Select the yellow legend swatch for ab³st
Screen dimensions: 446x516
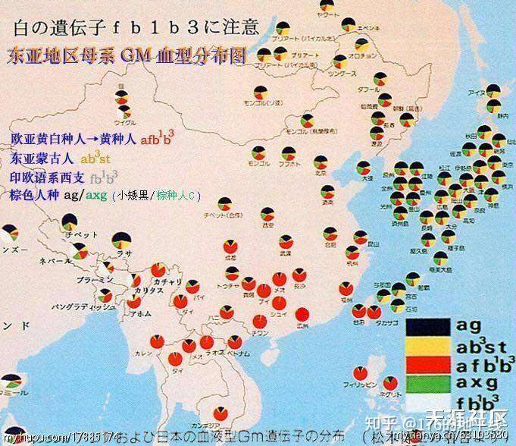pos(427,345)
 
